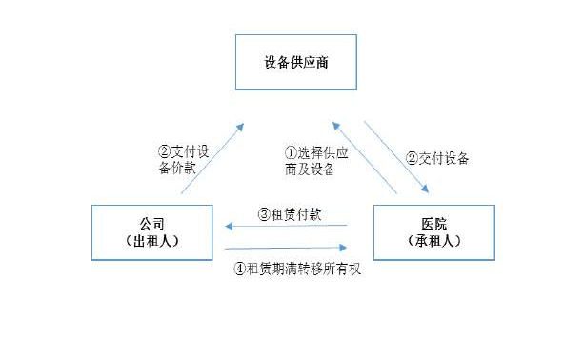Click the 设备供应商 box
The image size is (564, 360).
(x=296, y=63)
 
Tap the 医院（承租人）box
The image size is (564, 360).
(x=433, y=231)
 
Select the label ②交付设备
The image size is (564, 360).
(x=437, y=158)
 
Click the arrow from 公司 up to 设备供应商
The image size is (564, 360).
(x=211, y=157)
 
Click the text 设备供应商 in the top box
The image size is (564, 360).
(x=296, y=63)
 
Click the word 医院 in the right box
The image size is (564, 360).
(x=433, y=224)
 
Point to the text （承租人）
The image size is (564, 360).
(x=433, y=241)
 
